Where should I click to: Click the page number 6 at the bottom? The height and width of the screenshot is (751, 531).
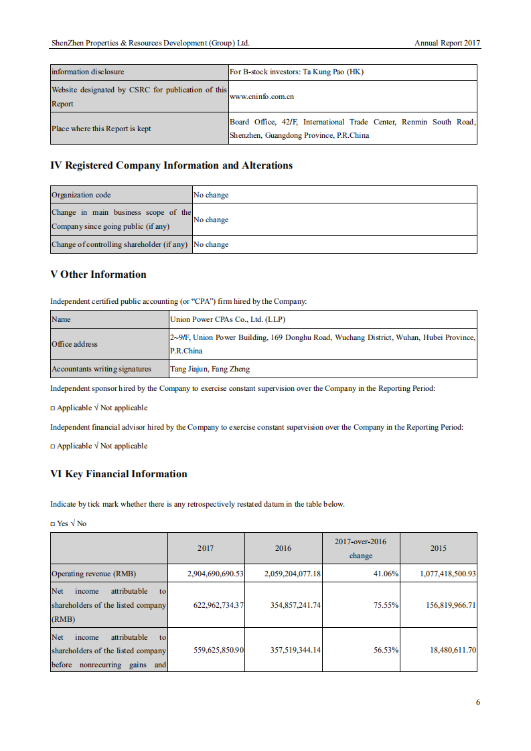click(x=477, y=702)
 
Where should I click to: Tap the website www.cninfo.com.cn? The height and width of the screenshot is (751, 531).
click(x=262, y=96)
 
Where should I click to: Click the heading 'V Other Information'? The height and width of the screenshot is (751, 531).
click(x=98, y=274)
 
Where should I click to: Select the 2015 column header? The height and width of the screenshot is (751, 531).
click(x=438, y=548)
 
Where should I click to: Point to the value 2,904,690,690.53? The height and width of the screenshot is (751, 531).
click(x=215, y=574)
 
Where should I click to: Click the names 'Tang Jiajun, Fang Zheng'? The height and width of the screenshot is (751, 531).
click(x=210, y=369)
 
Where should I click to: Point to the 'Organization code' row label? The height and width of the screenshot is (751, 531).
click(x=81, y=195)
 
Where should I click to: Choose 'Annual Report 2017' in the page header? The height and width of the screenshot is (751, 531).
click(x=447, y=43)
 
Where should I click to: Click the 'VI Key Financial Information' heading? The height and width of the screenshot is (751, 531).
click(x=119, y=474)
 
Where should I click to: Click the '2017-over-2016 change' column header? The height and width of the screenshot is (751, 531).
click(x=360, y=548)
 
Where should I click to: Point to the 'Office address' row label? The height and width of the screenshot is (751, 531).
click(x=74, y=344)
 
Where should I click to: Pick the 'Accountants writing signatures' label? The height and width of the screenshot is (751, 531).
click(x=101, y=369)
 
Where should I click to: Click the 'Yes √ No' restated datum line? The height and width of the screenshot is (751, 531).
click(x=68, y=523)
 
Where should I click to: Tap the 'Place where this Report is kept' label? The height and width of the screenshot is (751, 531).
click(x=101, y=129)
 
